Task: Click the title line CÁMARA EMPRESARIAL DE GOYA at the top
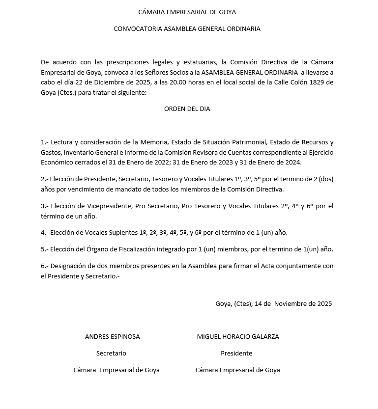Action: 187,12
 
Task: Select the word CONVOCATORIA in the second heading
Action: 134,28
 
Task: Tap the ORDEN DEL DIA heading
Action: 187,109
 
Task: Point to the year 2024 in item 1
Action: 293,162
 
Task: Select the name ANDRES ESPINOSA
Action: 112,336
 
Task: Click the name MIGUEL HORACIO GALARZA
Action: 238,336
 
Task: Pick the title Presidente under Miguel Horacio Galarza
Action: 236,353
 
